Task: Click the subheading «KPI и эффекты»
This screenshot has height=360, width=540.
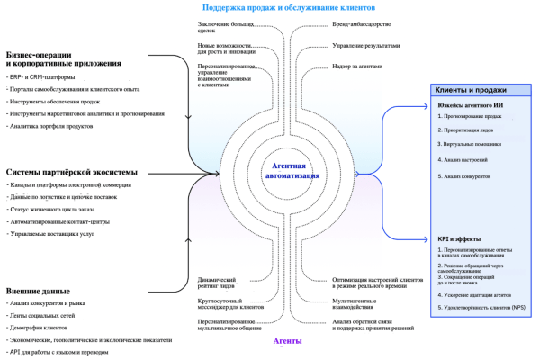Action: coord(456,238)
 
